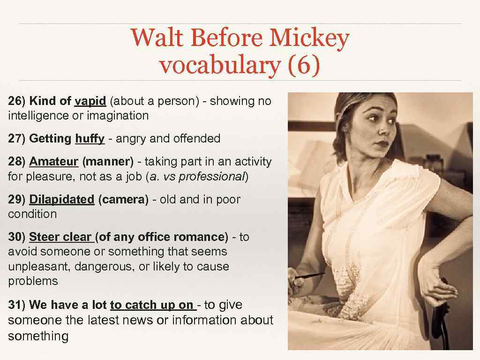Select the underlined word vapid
[x=90, y=101]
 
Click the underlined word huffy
[x=90, y=138]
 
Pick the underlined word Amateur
[x=53, y=162]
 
